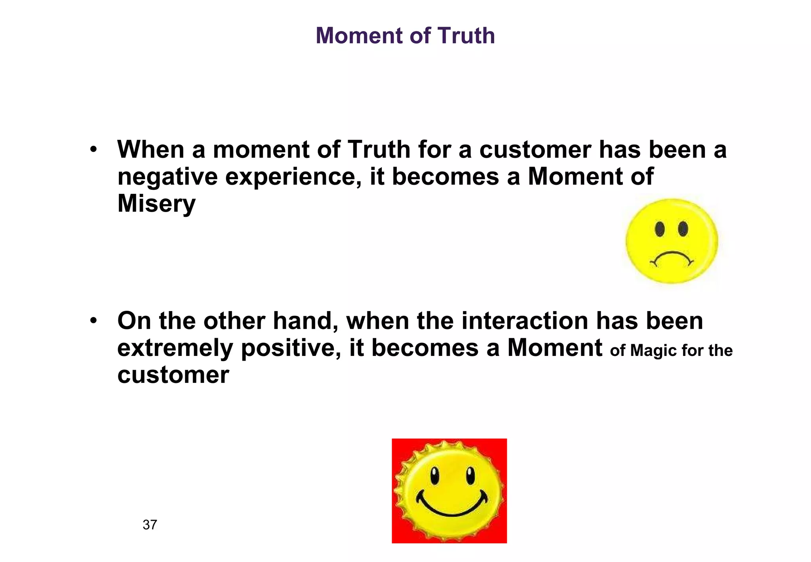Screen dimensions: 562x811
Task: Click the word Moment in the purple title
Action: pyautogui.click(x=359, y=36)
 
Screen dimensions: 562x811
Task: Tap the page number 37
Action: pyautogui.click(x=150, y=525)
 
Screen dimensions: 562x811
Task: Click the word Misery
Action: pyautogui.click(x=156, y=204)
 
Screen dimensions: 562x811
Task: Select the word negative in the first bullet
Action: pyautogui.click(x=167, y=177)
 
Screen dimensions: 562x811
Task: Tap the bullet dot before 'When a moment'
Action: pyautogui.click(x=93, y=150)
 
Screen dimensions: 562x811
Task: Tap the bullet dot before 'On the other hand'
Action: pyautogui.click(x=93, y=321)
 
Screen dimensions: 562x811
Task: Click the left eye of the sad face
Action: pyautogui.click(x=660, y=229)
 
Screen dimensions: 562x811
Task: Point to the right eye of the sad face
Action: pyautogui.click(x=683, y=229)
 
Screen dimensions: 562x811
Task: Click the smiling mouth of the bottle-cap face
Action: pyautogui.click(x=451, y=507)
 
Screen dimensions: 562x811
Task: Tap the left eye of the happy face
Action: pyautogui.click(x=435, y=475)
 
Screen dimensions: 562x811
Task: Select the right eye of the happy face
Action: pyautogui.click(x=470, y=475)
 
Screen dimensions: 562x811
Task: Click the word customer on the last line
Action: pyautogui.click(x=173, y=375)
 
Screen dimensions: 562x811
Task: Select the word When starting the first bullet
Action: pyautogui.click(x=151, y=150)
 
